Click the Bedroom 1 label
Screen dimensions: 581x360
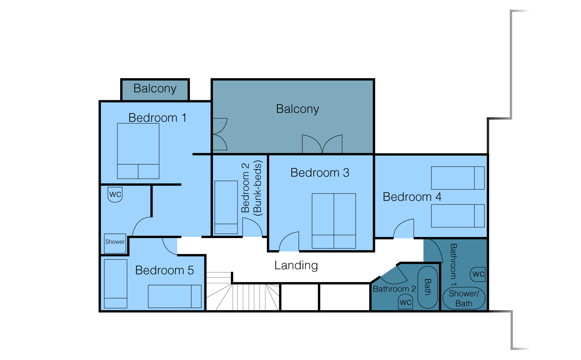(157, 118)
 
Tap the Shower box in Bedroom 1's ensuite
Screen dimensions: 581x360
(115, 243)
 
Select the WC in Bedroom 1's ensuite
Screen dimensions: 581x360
(115, 195)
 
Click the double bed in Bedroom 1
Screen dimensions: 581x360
(138, 151)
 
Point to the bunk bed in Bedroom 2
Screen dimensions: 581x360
(226, 207)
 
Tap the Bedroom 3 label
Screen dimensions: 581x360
(320, 173)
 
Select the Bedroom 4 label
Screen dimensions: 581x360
(412, 197)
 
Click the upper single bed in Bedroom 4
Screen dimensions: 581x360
(457, 178)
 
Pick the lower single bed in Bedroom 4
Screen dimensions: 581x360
(457, 216)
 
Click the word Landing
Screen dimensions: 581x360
(296, 266)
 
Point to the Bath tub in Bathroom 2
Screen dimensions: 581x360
(428, 287)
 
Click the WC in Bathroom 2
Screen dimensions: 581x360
(406, 302)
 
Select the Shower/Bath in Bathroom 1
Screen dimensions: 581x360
(464, 298)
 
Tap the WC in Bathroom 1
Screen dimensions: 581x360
(478, 274)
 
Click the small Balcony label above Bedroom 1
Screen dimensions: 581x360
(155, 88)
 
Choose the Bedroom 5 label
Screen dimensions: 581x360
(165, 270)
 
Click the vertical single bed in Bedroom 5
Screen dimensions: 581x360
(116, 284)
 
